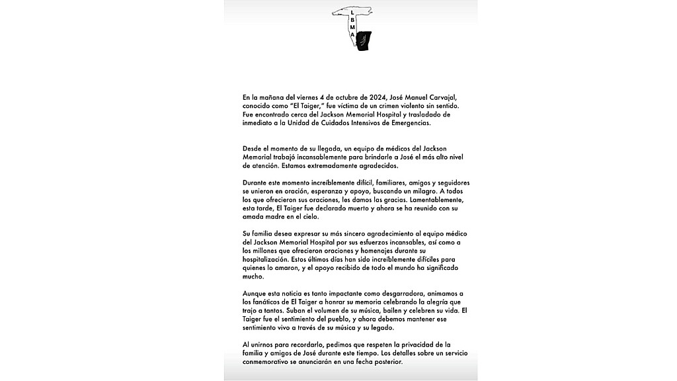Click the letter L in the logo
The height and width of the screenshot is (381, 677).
[x=352, y=13]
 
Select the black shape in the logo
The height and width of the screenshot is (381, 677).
[x=363, y=41]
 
